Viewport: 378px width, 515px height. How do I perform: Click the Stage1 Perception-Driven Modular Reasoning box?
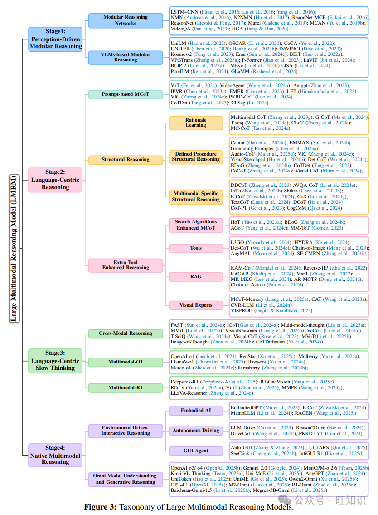(x=55, y=39)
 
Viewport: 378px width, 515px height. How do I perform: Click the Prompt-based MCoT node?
(x=125, y=94)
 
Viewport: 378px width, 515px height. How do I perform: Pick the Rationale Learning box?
(x=196, y=122)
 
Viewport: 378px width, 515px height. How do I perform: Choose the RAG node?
(x=196, y=276)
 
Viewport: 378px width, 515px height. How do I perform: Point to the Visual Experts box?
(x=196, y=305)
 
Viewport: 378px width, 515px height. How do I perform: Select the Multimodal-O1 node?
(x=125, y=362)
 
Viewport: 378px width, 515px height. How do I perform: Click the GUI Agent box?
(x=196, y=451)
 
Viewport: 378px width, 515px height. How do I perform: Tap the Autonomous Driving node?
(x=196, y=430)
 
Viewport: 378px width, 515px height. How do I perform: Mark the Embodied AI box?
(x=196, y=410)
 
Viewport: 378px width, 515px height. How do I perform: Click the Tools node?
(x=196, y=248)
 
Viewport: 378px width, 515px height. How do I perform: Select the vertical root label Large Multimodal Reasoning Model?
(x=14, y=248)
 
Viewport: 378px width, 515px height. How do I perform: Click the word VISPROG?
(x=243, y=311)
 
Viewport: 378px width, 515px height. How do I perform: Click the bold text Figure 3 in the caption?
(x=100, y=507)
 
